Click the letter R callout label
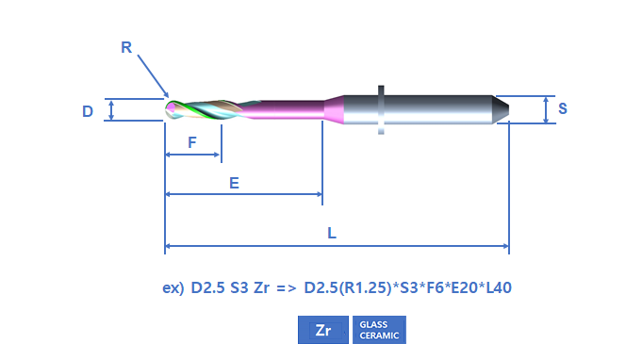tap(126, 47)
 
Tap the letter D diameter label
tap(88, 111)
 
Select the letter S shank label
tap(563, 108)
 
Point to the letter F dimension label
tap(192, 142)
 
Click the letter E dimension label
tap(234, 183)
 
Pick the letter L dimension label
tap(332, 233)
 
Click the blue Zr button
tap(323, 330)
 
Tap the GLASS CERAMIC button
tap(379, 330)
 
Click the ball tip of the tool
tap(171, 109)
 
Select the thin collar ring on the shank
tap(381, 109)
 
